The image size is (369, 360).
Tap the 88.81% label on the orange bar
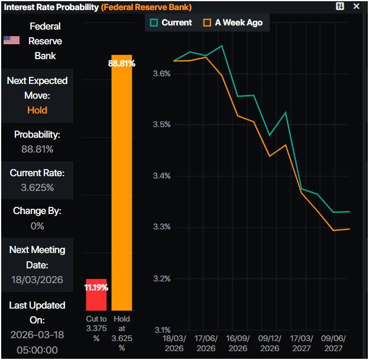coord(122,63)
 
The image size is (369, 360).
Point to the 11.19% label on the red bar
coord(96,288)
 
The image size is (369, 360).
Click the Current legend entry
coord(171,22)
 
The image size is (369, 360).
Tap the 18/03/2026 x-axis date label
coord(174,343)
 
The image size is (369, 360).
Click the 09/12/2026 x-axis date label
coord(270,343)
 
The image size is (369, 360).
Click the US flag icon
coord(11,40)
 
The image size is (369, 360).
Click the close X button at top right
coord(356,7)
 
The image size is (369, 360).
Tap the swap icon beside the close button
coord(340,7)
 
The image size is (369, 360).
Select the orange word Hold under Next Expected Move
coord(37,110)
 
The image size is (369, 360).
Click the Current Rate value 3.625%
coord(37,187)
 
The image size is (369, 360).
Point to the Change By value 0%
coord(37,225)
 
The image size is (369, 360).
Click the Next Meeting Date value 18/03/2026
coord(37,280)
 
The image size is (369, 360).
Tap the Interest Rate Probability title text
coord(51,7)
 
